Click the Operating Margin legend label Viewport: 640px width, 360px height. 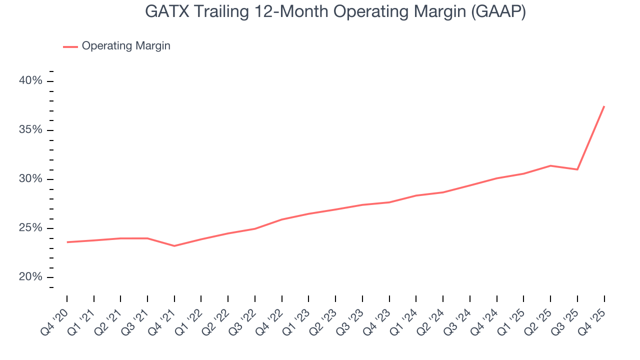click(x=126, y=46)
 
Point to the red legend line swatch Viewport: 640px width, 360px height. click(x=70, y=46)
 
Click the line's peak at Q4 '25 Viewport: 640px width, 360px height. click(x=604, y=106)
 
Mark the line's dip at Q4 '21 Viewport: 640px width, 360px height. click(x=174, y=246)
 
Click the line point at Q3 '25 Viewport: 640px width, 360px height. click(x=577, y=169)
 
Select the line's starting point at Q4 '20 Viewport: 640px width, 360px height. click(x=67, y=242)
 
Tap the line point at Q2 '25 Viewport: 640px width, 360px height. click(x=550, y=165)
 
